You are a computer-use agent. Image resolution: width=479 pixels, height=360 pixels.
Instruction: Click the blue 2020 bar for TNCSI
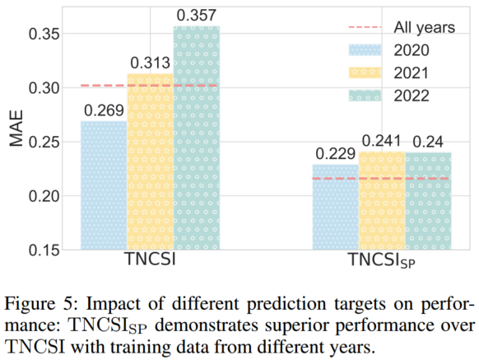(103, 185)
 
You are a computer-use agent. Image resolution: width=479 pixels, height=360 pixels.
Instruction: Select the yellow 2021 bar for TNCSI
(150, 162)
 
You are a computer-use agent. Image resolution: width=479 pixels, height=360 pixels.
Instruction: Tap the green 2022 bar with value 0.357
(197, 138)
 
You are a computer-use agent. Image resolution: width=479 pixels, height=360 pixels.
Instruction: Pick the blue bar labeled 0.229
(336, 207)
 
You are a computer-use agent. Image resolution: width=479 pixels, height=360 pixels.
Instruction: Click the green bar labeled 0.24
(429, 201)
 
